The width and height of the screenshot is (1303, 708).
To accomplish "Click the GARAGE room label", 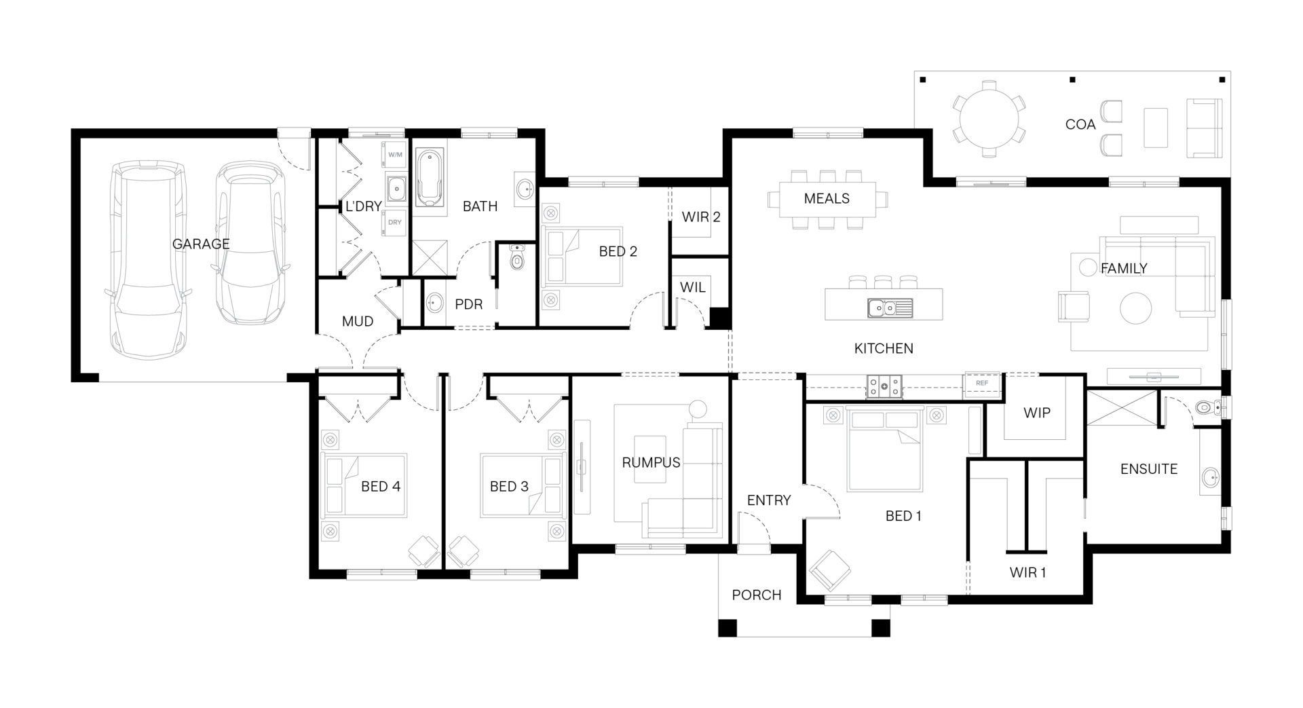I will (200, 244).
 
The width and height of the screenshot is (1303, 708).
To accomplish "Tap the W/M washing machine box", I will (394, 155).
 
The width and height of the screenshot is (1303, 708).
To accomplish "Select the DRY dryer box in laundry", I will (394, 223).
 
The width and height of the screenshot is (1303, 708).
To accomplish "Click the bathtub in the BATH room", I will (429, 179).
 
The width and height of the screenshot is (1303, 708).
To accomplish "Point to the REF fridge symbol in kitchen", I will (981, 383).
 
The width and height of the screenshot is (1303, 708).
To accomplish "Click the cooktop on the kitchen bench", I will (884, 386).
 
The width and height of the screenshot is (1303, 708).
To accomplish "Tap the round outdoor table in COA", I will (989, 119).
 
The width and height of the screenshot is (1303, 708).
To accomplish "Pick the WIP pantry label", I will (1036, 413).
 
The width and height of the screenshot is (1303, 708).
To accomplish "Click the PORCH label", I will (756, 595).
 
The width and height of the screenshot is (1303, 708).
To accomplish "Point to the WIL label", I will (692, 287).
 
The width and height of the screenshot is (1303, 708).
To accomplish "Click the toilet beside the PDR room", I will (517, 259).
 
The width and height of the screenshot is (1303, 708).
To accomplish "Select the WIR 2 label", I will (701, 217).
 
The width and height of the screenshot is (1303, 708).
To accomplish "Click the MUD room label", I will (357, 321).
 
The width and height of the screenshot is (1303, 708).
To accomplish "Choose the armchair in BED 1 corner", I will (829, 569).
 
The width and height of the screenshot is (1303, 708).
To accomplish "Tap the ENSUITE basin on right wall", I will (1210, 479).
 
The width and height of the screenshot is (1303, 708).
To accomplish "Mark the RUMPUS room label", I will (651, 463).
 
